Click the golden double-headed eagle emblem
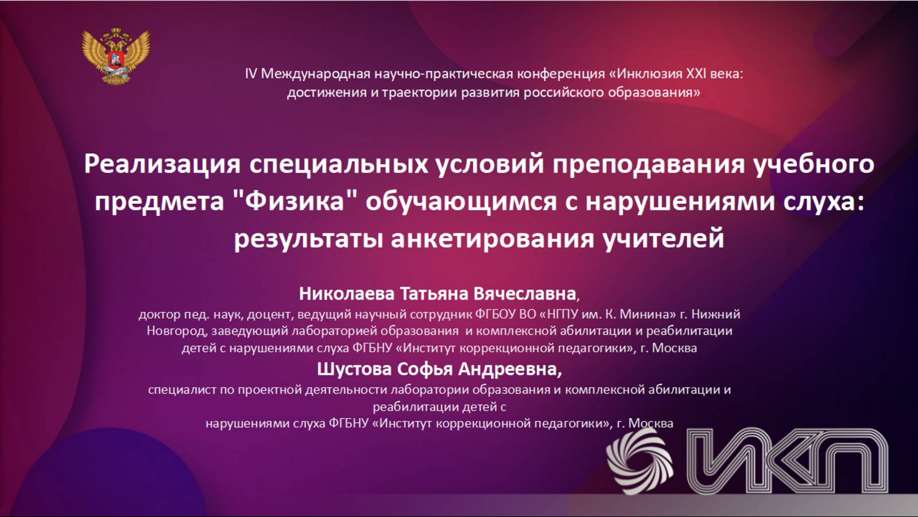[x=116, y=55]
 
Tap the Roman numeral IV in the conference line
[x=251, y=74]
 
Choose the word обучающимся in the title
[x=461, y=202]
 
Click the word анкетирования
[x=492, y=239]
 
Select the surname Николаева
[x=347, y=293]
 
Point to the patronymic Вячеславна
[x=525, y=293]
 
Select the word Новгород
[x=176, y=332]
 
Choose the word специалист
[x=183, y=390]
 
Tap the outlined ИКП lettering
[x=788, y=460]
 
